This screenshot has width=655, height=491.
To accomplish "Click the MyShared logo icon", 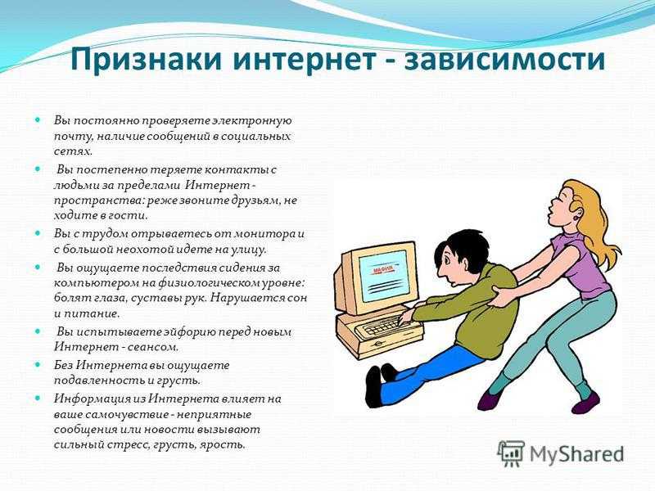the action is click(x=510, y=453).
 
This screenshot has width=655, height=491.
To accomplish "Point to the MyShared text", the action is click(x=577, y=453).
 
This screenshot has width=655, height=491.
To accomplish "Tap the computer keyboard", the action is click(x=386, y=325).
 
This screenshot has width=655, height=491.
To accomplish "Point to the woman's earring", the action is click(x=578, y=218).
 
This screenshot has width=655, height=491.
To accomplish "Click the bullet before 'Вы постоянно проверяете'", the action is click(x=38, y=119).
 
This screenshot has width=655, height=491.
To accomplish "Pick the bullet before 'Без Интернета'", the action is click(x=38, y=364).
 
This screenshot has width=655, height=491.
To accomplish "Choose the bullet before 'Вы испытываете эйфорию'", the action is click(x=38, y=331).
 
